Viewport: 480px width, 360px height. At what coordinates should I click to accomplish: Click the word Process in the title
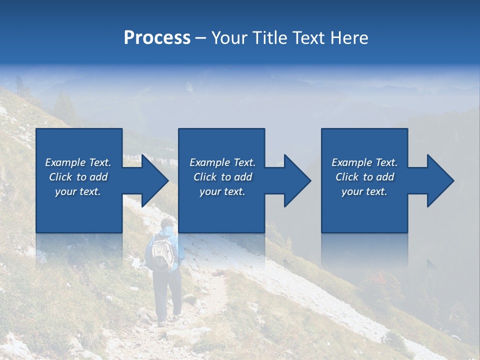coord(157,38)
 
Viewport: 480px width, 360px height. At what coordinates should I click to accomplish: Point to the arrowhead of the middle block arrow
coord(296,180)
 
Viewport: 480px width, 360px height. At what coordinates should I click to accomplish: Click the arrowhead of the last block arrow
coord(439,180)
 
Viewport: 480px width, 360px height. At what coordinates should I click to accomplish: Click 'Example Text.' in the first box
coord(78,162)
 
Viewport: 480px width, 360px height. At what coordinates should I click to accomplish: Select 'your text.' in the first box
coord(78,191)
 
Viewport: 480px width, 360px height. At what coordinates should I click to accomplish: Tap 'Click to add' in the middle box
coord(222,177)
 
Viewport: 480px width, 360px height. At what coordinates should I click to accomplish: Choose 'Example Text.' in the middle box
coord(222,162)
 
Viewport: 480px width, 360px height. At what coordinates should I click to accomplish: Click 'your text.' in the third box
coord(364,191)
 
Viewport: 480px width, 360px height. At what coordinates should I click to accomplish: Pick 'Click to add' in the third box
coord(364,177)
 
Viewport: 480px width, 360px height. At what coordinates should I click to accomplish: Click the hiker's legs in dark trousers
coord(167,295)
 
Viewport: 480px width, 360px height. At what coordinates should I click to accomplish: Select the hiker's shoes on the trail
coord(168,320)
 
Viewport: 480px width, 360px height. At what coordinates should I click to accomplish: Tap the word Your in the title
coord(229,38)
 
